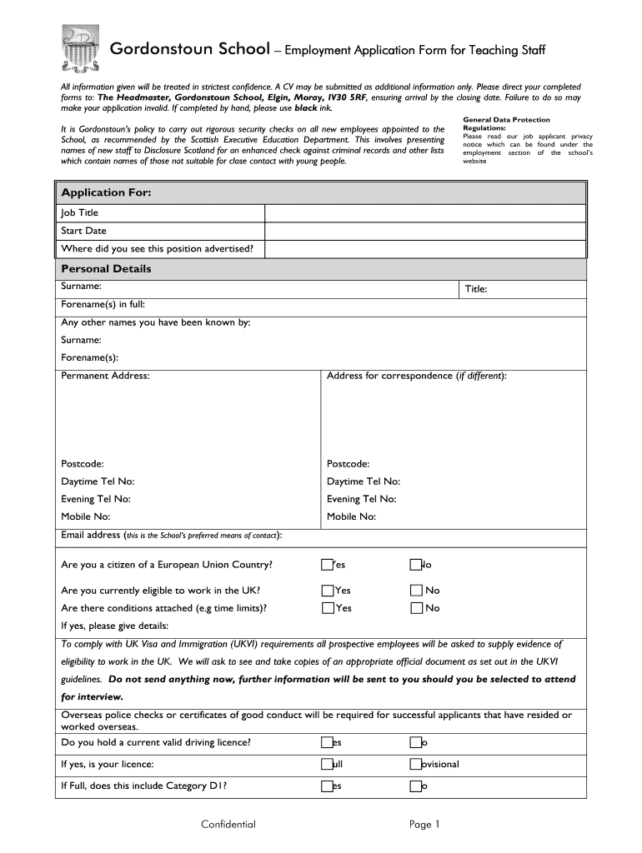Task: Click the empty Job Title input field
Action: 425,213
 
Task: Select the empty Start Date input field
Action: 425,231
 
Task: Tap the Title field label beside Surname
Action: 476,289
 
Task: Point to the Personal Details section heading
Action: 106,269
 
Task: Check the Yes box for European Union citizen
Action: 327,566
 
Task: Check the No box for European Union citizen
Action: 415,566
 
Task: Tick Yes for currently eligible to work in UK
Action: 327,591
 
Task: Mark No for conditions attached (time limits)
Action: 415,608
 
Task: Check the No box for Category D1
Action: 415,786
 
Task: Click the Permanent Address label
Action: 105,376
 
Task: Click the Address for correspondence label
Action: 416,376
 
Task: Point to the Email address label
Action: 91,535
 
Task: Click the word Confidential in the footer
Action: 228,825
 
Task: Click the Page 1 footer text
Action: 424,825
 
